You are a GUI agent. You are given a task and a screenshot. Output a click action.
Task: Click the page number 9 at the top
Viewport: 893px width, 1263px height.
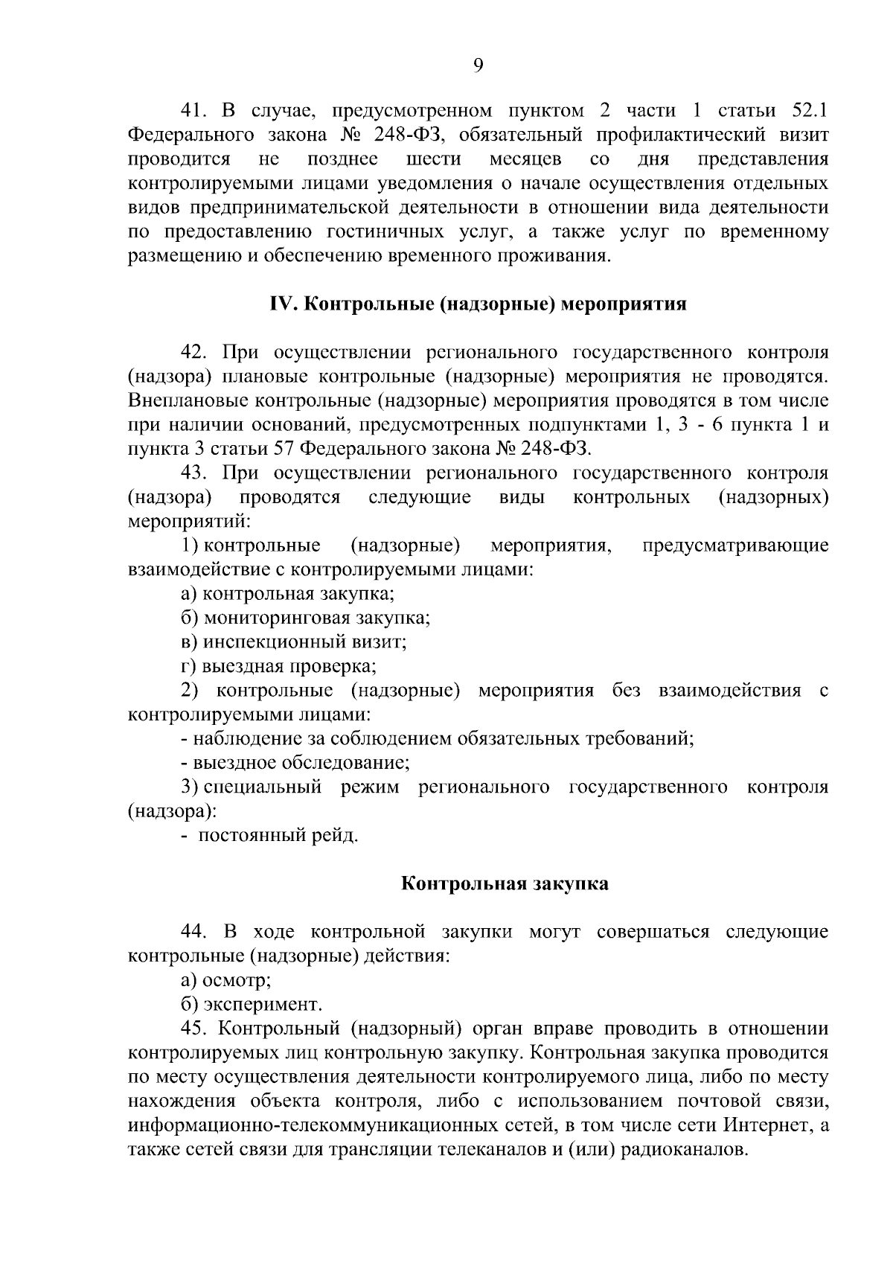pyautogui.click(x=478, y=66)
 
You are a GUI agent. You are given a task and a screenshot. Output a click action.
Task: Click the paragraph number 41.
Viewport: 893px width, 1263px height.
pyautogui.click(x=194, y=112)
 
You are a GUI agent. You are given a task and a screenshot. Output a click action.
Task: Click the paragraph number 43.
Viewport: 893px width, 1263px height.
pyautogui.click(x=195, y=473)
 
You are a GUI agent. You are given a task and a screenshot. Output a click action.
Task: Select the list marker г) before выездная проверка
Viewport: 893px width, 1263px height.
pyautogui.click(x=188, y=666)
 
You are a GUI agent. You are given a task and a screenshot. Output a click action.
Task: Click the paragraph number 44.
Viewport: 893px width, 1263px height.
pyautogui.click(x=195, y=933)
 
